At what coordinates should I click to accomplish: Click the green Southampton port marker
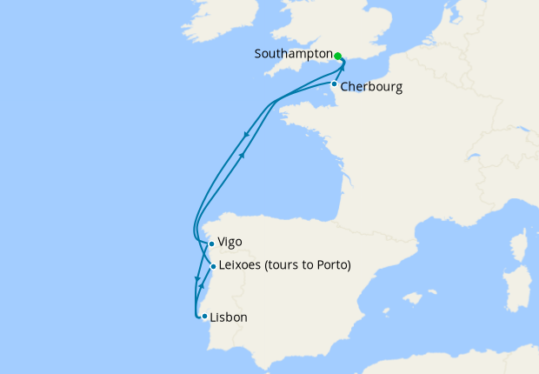coord(337,56)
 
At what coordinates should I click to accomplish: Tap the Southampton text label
coord(293,54)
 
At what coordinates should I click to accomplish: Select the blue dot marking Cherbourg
coord(334,84)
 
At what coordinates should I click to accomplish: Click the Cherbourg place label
coord(371,87)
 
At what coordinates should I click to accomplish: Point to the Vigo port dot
coord(211,244)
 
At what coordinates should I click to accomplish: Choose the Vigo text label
coord(230,243)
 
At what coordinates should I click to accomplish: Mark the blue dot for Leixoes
coord(213,266)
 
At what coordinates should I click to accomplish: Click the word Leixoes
coord(243,265)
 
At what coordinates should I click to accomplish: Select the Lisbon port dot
coord(203,317)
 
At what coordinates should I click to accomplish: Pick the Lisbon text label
coord(229,317)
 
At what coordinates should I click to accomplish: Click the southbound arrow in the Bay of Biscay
coord(248,134)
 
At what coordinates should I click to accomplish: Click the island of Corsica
coord(524,243)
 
